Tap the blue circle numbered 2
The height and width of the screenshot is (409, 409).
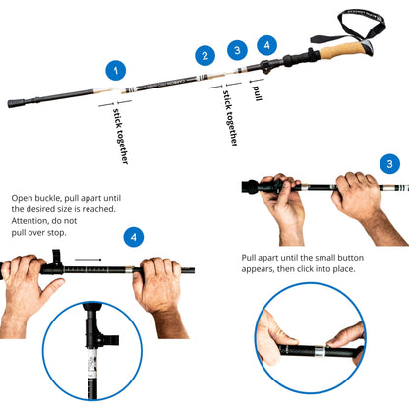coord(204,56)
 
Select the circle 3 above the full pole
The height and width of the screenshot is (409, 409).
coord(236,49)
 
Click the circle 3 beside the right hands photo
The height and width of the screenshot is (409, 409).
coord(390,164)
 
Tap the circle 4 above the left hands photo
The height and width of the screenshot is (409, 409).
coord(134,237)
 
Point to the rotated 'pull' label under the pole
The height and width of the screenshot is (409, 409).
coord(257,92)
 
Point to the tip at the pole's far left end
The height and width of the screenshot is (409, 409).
coord(13,101)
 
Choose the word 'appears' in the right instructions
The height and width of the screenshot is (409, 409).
coord(264,269)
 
